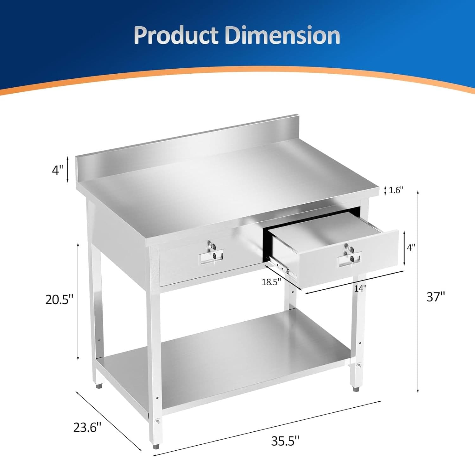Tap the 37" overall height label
pos(435,297)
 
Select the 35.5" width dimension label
pos(285,441)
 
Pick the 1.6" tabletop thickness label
pos(396,190)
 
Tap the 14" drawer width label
pos(360,288)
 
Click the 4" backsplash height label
pos(58,170)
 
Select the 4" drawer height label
pos(411,248)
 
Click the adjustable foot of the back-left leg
pos(99,386)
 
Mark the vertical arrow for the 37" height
pos(418,291)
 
